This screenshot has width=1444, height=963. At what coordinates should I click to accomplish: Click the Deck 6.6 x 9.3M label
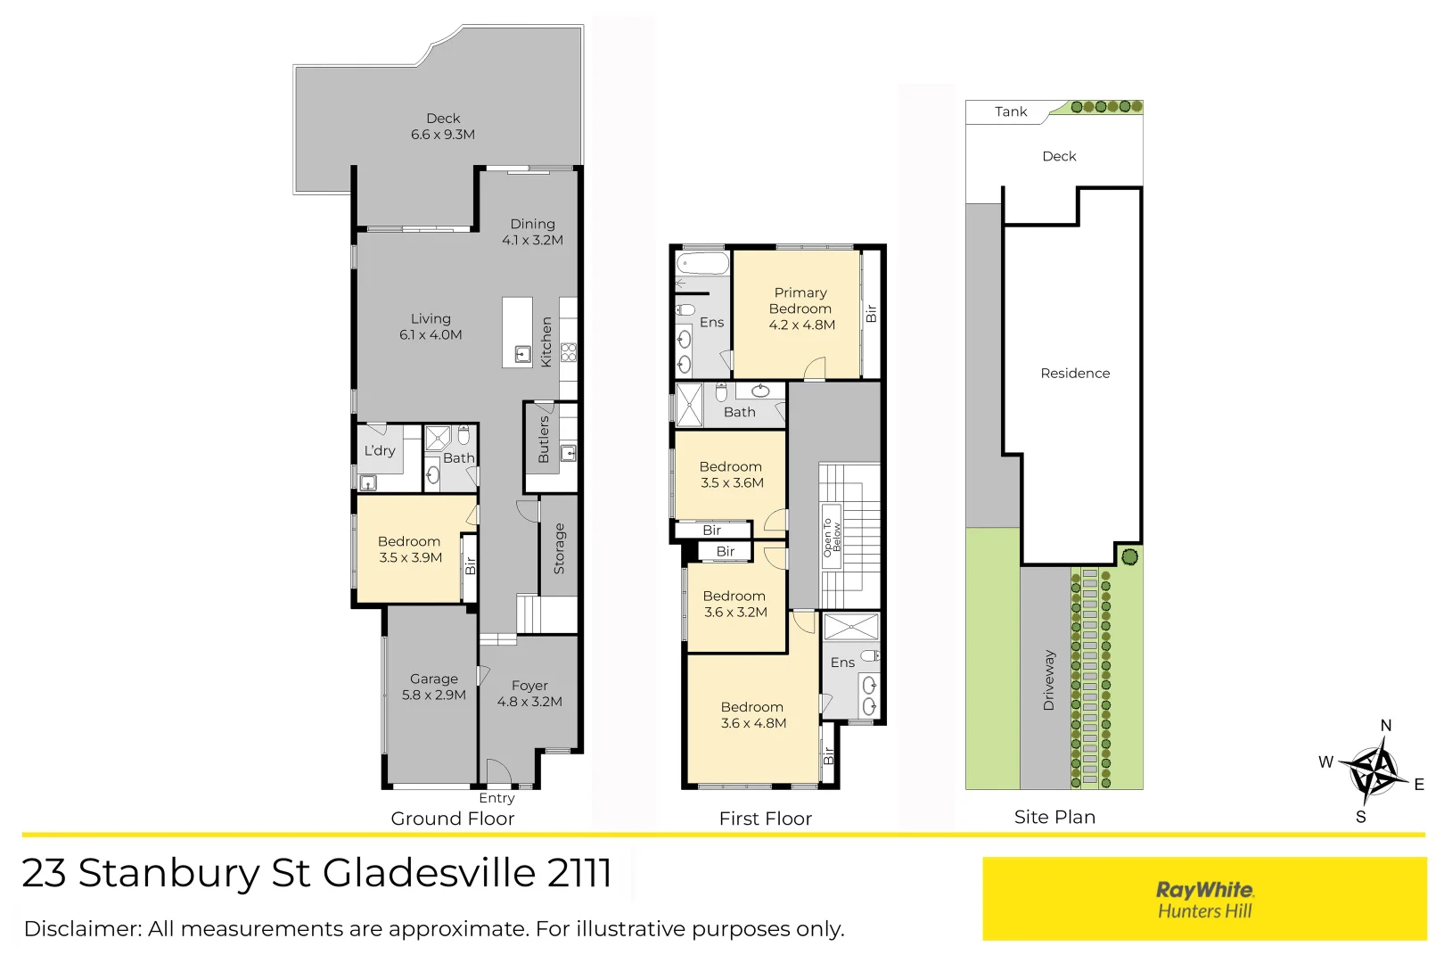pos(443,127)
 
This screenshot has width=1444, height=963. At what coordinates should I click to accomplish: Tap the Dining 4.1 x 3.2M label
pos(532,232)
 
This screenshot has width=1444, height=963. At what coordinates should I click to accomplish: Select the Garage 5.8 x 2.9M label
pos(433,687)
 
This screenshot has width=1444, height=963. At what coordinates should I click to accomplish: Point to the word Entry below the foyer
pos(496,798)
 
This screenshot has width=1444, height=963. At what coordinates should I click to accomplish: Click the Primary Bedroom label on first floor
pos(801,309)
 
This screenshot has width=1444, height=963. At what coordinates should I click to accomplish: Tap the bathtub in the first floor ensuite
pos(702,264)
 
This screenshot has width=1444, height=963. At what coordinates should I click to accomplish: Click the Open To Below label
pos(831,537)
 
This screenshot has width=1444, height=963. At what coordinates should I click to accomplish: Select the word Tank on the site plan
pos(1011,111)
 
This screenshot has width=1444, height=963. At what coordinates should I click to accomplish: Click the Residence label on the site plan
pos(1075,374)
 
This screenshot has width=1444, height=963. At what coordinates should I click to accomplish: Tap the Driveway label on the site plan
pos(1048,680)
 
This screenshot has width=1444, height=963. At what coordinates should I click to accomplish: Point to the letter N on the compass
pos(1386,725)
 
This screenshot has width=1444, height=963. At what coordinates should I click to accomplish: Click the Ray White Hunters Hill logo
pos(1204,899)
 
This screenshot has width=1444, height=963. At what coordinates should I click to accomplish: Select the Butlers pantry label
pos(544,440)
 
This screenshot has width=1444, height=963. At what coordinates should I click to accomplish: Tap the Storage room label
pos(559,548)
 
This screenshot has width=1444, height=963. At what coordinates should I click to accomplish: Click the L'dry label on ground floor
pos(379,451)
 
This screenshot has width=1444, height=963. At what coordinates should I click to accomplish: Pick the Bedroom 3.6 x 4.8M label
pos(753,715)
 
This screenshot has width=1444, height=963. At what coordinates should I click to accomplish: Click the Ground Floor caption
pos(453,819)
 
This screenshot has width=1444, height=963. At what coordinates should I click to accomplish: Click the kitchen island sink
pos(522,355)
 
